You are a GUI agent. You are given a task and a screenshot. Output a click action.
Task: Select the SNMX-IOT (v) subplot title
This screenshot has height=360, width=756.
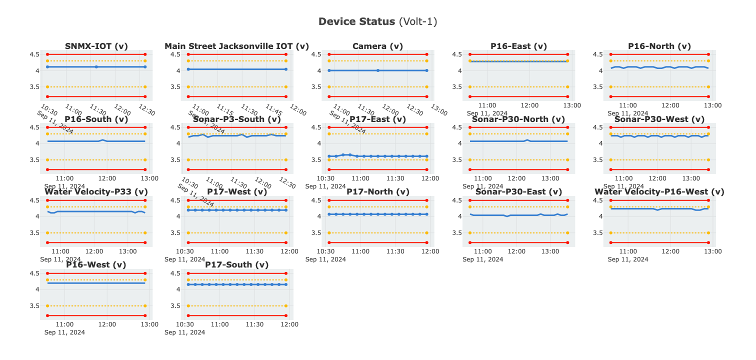pos(96,46)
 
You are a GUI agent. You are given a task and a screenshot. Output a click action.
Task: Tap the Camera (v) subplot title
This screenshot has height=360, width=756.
pos(377,46)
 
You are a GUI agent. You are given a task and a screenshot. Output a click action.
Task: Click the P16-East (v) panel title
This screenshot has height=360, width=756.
pos(518,46)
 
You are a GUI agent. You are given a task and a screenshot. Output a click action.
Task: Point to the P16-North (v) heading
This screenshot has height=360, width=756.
pos(659,46)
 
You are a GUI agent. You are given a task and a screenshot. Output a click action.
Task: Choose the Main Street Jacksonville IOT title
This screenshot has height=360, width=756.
pos(236,46)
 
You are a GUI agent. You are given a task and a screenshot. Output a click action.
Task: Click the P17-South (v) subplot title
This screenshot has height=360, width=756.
pos(236,265)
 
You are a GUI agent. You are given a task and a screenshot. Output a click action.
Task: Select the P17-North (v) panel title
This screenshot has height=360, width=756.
pos(377,192)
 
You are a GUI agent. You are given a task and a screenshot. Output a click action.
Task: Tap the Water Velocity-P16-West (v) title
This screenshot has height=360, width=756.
pos(659,192)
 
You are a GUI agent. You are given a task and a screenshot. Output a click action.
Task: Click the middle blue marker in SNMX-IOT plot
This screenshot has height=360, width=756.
pos(96,66)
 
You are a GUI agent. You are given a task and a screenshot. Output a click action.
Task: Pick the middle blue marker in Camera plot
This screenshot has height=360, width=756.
pos(377,70)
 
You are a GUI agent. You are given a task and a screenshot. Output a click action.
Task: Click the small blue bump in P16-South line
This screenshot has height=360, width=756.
pos(102,140)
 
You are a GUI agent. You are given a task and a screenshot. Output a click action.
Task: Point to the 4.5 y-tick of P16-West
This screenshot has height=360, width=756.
pos(35,273)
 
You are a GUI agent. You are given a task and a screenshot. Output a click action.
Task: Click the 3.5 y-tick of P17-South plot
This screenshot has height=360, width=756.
pos(176,306)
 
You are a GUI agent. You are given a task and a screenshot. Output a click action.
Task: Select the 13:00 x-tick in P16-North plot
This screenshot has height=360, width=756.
pos(712,105)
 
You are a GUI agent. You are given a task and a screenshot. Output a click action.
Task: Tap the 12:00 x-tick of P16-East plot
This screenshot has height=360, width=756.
pos(529,105)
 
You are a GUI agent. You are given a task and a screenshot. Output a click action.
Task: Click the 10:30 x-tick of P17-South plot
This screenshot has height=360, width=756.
pos(185,324)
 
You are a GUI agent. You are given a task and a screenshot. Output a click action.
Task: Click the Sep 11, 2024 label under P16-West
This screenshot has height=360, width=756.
pos(64,332)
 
